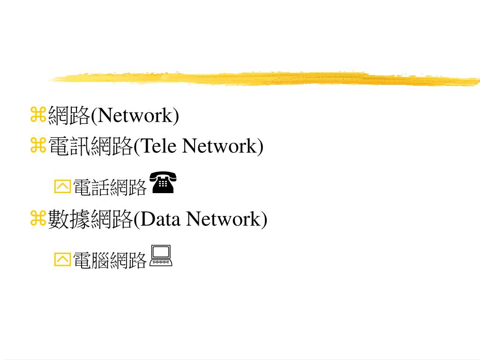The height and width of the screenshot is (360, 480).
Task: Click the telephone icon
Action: pos(162,183)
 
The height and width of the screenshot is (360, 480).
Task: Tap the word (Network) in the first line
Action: pos(135,115)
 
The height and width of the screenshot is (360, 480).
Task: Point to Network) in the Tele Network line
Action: pos(223,146)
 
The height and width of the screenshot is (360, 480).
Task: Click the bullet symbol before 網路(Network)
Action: pos(37,114)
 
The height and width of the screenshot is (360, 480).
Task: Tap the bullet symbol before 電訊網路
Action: pos(37,146)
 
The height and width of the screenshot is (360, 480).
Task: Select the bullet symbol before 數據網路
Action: pos(37,218)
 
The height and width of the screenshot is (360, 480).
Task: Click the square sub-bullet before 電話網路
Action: pos(62,187)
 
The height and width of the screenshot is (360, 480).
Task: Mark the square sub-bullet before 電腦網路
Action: pos(62,259)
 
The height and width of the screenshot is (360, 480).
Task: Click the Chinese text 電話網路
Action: pos(110,187)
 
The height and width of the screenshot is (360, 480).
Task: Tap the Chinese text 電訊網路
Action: pos(90,146)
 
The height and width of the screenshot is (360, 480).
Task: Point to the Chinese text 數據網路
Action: pos(90,219)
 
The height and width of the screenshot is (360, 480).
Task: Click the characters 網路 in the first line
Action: pos(69,115)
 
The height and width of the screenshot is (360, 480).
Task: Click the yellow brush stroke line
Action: pos(262,78)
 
